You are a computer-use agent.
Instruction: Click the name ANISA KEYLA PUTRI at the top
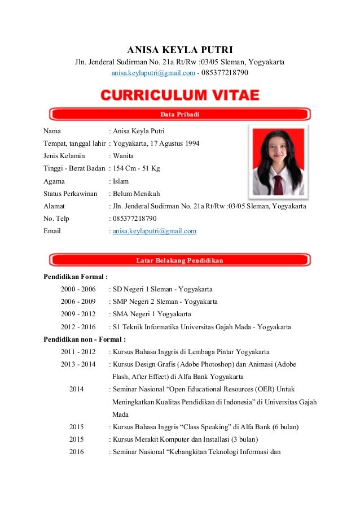179,49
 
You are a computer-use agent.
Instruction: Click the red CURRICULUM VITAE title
179,95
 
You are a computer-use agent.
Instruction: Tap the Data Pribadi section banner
179,114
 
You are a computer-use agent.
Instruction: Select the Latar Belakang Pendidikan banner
179,260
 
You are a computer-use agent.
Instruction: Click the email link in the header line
153,73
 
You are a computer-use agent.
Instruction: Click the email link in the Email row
155,231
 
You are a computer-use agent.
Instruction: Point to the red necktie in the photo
279,184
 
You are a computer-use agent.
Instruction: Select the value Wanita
124,156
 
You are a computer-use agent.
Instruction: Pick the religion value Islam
121,181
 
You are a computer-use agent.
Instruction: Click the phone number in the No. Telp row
135,219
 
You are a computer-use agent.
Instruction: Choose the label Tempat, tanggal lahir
74,143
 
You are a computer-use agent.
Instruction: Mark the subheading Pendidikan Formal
76,277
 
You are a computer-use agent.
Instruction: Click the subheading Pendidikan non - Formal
85,339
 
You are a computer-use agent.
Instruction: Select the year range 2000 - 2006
78,289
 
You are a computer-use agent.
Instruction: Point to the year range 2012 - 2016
78,327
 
